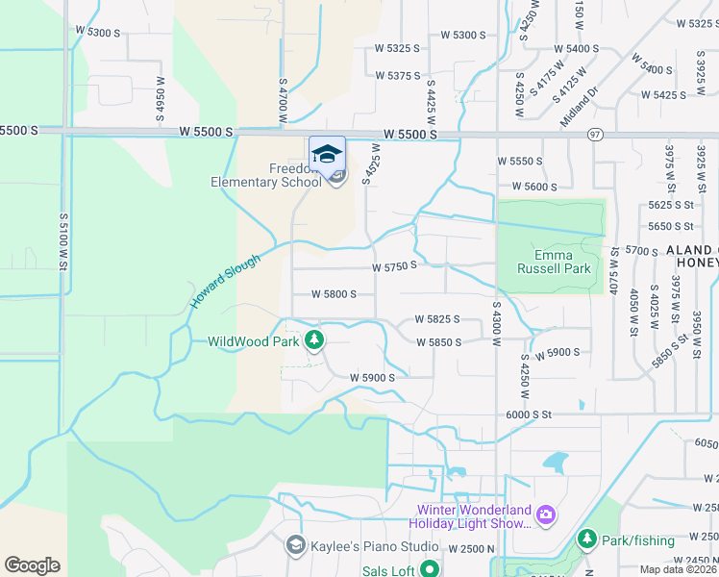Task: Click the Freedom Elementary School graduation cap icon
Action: click(x=327, y=153)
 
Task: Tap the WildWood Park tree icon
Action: click(x=313, y=340)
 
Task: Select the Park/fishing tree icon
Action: click(x=586, y=539)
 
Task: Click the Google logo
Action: click(x=32, y=564)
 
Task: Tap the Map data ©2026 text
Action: click(x=679, y=569)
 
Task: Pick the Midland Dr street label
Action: click(x=579, y=107)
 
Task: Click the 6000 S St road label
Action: click(x=530, y=414)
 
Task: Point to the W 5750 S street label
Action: click(x=394, y=265)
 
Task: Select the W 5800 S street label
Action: click(x=334, y=294)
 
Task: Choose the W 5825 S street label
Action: click(x=437, y=318)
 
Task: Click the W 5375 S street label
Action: click(x=398, y=75)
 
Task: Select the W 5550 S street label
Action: click(x=520, y=161)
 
